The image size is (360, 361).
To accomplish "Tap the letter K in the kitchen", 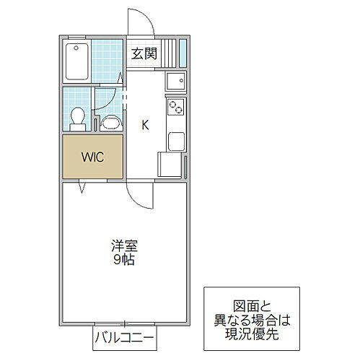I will click(145, 123).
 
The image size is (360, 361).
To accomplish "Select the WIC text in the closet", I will click(92, 156).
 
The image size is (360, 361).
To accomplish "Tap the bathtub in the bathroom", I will click(76, 62).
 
